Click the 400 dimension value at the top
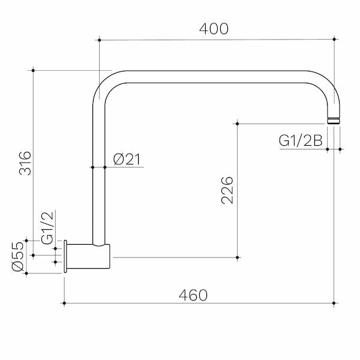(214, 28)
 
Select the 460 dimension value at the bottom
(193, 295)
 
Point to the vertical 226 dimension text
(227, 190)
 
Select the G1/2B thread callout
(301, 140)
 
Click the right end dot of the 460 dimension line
(334, 304)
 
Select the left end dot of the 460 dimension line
(64, 304)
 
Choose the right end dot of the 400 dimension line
(334, 40)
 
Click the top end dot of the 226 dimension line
(238, 124)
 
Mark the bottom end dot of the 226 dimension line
(238, 257)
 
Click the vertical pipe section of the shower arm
(98, 180)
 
